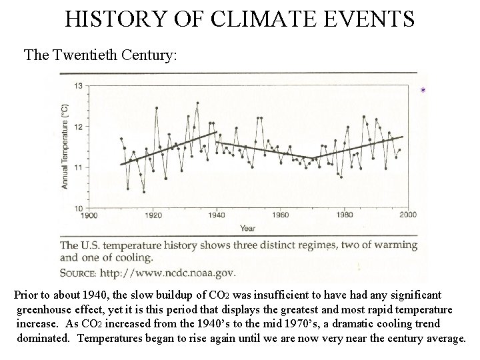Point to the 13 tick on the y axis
coord(78,86)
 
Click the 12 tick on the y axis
coord(78,127)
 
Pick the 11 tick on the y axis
coord(78,167)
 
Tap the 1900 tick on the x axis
coord(89,215)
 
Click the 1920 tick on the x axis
coord(153,215)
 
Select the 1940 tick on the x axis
coord(217,215)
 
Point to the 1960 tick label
coord(281,215)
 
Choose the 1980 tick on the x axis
coord(344,215)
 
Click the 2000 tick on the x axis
coord(407,215)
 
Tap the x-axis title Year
coord(247,228)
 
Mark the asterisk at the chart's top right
coord(423,91)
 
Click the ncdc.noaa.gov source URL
coord(167,273)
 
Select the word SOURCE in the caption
coord(79,273)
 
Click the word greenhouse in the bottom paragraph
coord(45,309)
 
